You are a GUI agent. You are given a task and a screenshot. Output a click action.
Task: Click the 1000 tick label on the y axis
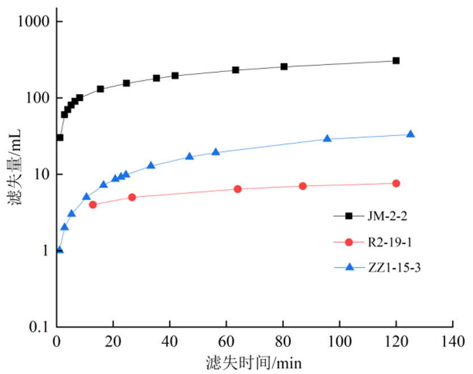tap(34, 22)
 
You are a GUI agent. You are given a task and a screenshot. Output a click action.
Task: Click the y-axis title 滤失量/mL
tap(14, 173)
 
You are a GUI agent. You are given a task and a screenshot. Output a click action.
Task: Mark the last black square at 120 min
tap(396, 61)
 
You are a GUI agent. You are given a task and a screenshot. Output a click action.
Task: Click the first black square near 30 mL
tap(59, 138)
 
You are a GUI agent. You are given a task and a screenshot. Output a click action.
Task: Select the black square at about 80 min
tap(284, 67)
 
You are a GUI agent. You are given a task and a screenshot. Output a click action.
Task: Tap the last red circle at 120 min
tap(396, 183)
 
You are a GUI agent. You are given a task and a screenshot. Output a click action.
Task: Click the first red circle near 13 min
tap(93, 205)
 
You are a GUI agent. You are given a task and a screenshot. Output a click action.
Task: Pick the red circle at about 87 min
tap(302, 186)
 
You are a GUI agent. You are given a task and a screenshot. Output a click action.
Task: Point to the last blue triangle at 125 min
tap(410, 134)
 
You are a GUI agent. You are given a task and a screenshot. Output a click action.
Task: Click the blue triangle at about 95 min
tap(327, 139)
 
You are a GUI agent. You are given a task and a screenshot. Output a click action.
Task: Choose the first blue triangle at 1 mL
tap(59, 250)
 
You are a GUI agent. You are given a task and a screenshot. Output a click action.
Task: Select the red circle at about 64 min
tap(237, 189)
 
